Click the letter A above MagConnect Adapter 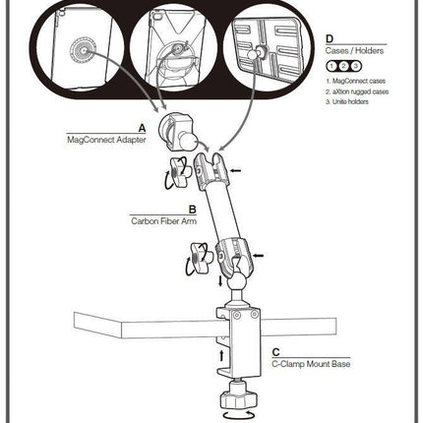click(142, 128)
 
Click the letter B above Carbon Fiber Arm click(190, 210)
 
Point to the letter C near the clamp click(275, 350)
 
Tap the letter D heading click(329, 38)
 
